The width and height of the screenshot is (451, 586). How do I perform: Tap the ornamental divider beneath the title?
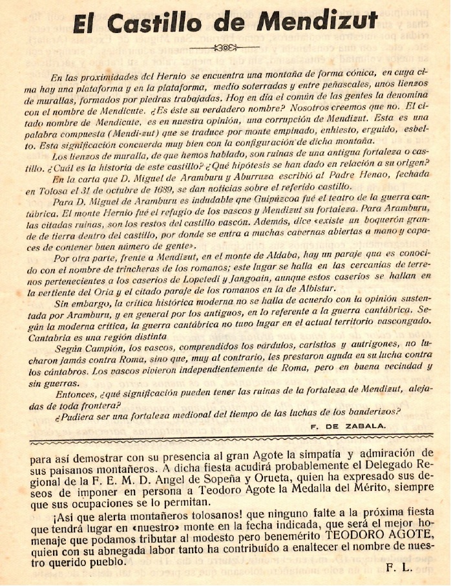click(x=226, y=47)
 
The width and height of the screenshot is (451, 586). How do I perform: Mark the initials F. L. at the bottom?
click(x=400, y=568)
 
